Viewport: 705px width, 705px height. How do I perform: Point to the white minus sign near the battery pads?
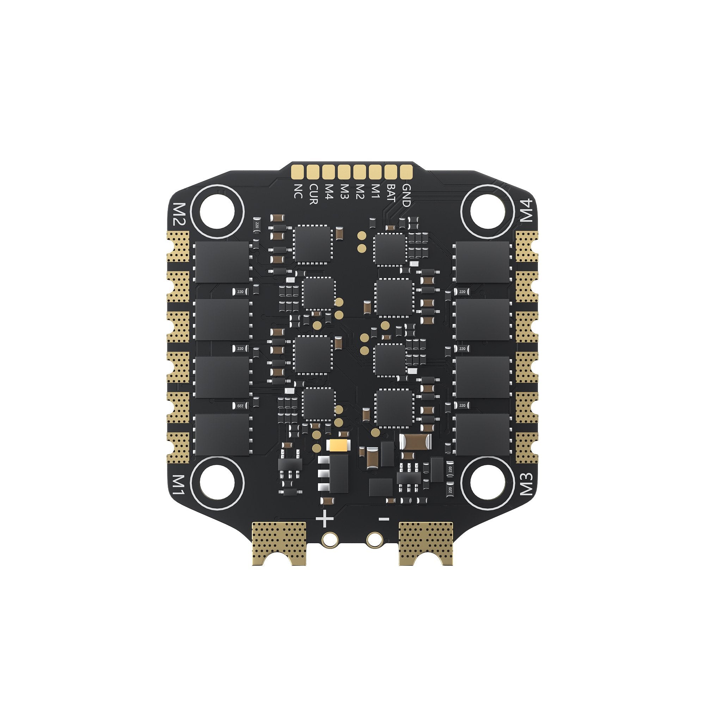(384, 519)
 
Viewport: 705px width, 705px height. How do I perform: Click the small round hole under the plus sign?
(330, 539)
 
